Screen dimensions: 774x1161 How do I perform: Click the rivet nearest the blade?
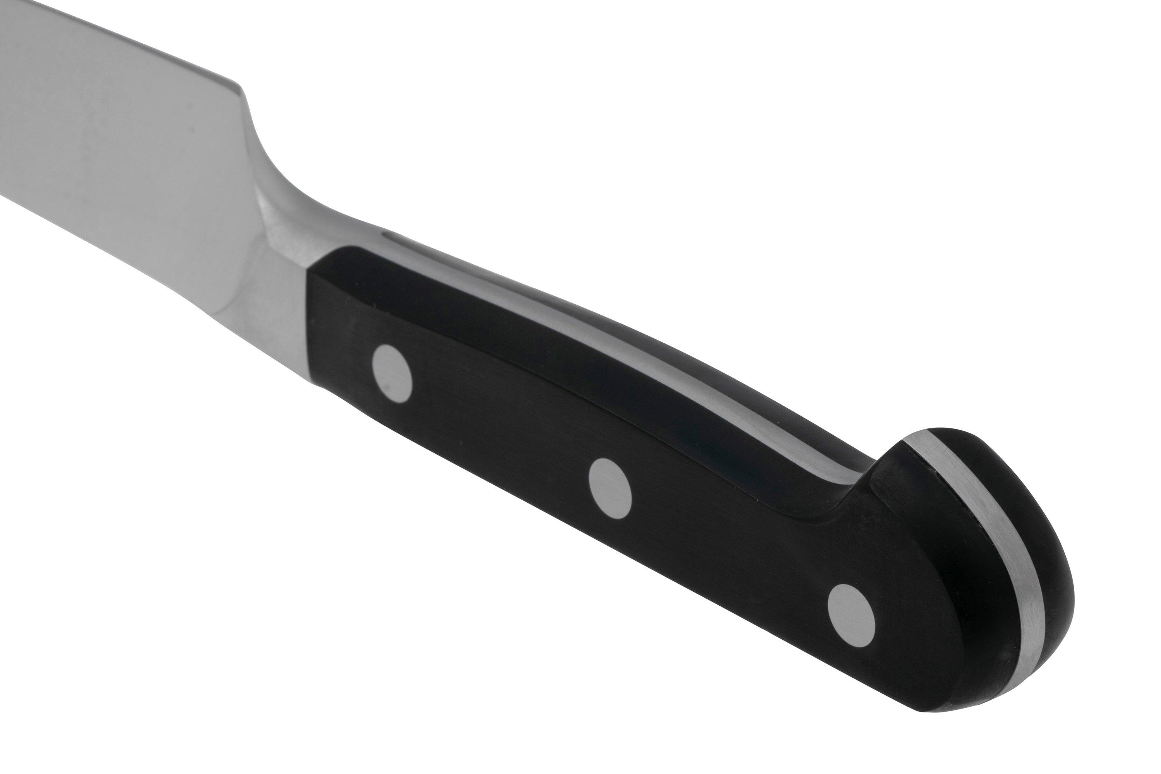(392, 373)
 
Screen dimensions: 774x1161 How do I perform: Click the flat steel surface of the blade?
(99, 123)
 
